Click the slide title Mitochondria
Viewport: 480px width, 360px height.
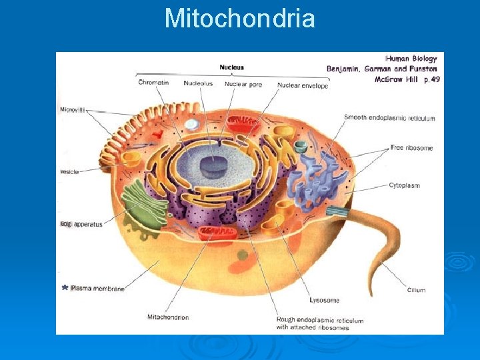coord(239,18)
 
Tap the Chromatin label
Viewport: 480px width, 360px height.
coord(153,83)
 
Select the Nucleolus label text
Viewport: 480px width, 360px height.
coord(198,83)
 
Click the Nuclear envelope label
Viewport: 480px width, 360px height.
coord(302,85)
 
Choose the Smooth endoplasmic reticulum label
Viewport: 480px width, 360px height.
coord(389,118)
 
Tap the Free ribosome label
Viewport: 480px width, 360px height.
coord(411,147)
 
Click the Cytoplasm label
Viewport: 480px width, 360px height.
coord(404,185)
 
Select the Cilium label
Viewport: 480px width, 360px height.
coord(416,290)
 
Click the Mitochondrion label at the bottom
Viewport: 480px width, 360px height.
coord(167,317)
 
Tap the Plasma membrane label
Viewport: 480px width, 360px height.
coord(97,289)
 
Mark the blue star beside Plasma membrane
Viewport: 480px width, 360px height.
coord(65,288)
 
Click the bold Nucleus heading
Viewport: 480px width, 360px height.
coord(232,67)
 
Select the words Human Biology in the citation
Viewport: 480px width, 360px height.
coord(411,59)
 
